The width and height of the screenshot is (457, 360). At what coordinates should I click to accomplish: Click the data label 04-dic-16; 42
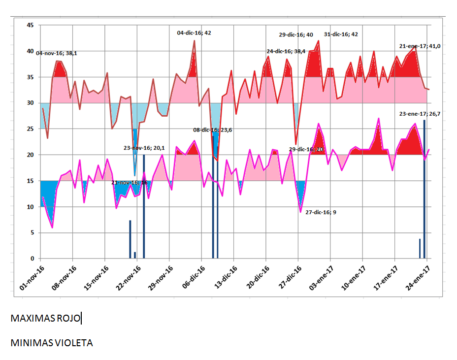(194, 33)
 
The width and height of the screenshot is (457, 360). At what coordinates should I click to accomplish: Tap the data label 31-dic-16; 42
(341, 34)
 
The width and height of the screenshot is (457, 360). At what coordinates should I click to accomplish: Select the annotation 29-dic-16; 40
(295, 35)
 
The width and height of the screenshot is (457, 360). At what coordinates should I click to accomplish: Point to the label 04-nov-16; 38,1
(56, 53)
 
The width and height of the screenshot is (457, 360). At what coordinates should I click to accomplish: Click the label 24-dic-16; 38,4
(286, 51)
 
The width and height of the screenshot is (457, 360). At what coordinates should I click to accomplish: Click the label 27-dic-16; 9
(321, 212)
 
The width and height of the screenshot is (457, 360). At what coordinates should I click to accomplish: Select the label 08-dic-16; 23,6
(212, 131)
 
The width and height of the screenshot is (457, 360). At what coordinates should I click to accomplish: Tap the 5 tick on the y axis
(32, 233)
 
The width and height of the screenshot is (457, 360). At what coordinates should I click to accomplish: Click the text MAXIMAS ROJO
(45, 319)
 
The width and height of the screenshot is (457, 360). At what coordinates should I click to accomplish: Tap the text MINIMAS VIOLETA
(52, 343)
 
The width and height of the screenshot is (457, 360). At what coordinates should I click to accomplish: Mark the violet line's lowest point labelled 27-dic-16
(300, 212)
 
